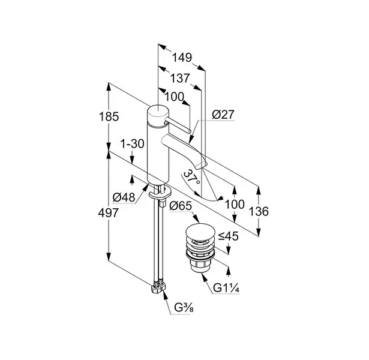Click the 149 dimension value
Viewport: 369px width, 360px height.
(x=181, y=58)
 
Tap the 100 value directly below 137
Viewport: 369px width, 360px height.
(x=175, y=97)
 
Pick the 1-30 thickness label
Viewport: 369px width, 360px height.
(x=131, y=145)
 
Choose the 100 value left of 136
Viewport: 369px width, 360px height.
(x=235, y=205)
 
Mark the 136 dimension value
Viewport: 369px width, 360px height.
(x=259, y=212)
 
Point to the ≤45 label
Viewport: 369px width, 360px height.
(x=228, y=236)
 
